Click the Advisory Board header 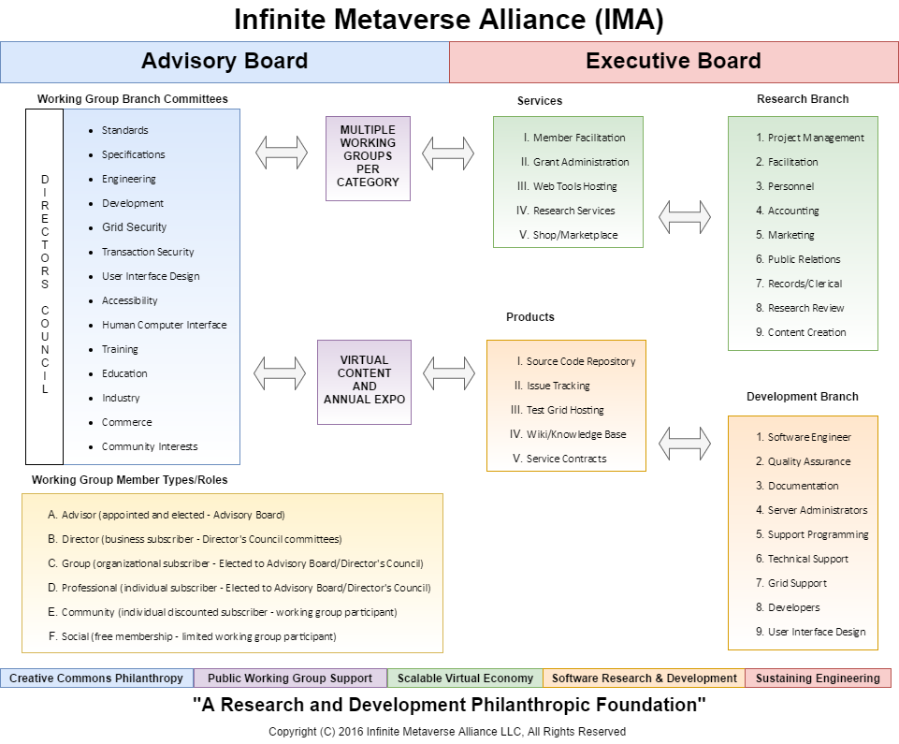[x=225, y=62]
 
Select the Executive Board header [x=674, y=62]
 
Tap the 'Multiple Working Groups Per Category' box [x=368, y=157]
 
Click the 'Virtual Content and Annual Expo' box [x=365, y=381]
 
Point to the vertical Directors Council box [x=44, y=286]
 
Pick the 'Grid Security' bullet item [x=134, y=227]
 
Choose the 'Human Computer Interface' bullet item [x=164, y=325]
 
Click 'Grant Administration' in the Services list [x=581, y=162]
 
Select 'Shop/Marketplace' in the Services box [x=575, y=235]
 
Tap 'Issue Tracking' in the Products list [x=558, y=386]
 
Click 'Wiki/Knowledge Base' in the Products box [x=576, y=434]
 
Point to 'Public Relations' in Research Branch [x=804, y=259]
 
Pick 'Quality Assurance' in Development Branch [x=809, y=461]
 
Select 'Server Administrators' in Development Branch [x=817, y=510]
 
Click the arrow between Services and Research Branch [x=685, y=216]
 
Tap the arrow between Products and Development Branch [x=685, y=442]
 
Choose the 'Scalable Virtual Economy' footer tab [x=465, y=678]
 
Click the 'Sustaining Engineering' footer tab [x=818, y=678]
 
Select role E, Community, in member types [x=229, y=612]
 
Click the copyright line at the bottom [x=447, y=732]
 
